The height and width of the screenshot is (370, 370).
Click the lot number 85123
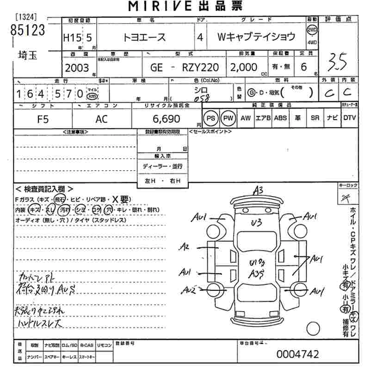point(28,30)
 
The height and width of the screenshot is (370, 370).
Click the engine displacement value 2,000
point(244,68)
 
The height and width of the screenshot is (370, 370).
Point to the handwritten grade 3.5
point(337,61)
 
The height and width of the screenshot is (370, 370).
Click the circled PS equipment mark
point(211,118)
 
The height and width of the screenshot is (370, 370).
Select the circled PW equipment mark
point(228,118)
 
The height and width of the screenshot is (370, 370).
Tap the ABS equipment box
point(280,118)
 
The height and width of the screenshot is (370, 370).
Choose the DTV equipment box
point(350,118)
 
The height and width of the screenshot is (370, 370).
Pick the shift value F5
point(43,119)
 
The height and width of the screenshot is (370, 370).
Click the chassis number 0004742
point(297,354)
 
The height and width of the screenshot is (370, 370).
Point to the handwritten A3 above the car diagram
point(258,190)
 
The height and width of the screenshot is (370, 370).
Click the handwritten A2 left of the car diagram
point(185,247)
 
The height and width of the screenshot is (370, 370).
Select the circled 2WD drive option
point(312,31)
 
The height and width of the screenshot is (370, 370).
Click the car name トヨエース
point(145,38)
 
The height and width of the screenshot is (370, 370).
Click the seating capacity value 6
point(304,68)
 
